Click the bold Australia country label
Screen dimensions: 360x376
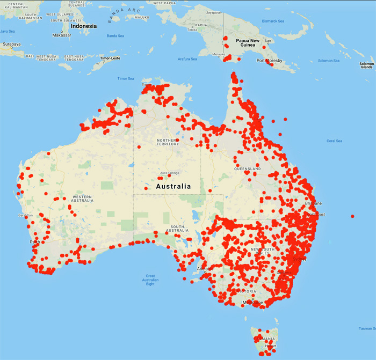pos(173,186)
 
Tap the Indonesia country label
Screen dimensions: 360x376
pos(84,26)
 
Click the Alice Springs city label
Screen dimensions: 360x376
pos(170,173)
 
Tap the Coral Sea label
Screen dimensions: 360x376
pos(334,141)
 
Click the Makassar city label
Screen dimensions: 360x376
pos(61,35)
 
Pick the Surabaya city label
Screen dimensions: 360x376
pos(10,45)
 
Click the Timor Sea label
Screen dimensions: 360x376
pos(126,79)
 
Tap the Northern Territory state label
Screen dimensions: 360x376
pos(167,142)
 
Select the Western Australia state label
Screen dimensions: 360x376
pos(82,199)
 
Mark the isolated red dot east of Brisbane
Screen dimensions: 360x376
pos(352,216)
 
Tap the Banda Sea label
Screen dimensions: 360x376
pos(115,36)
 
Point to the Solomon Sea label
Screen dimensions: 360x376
pos(329,61)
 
